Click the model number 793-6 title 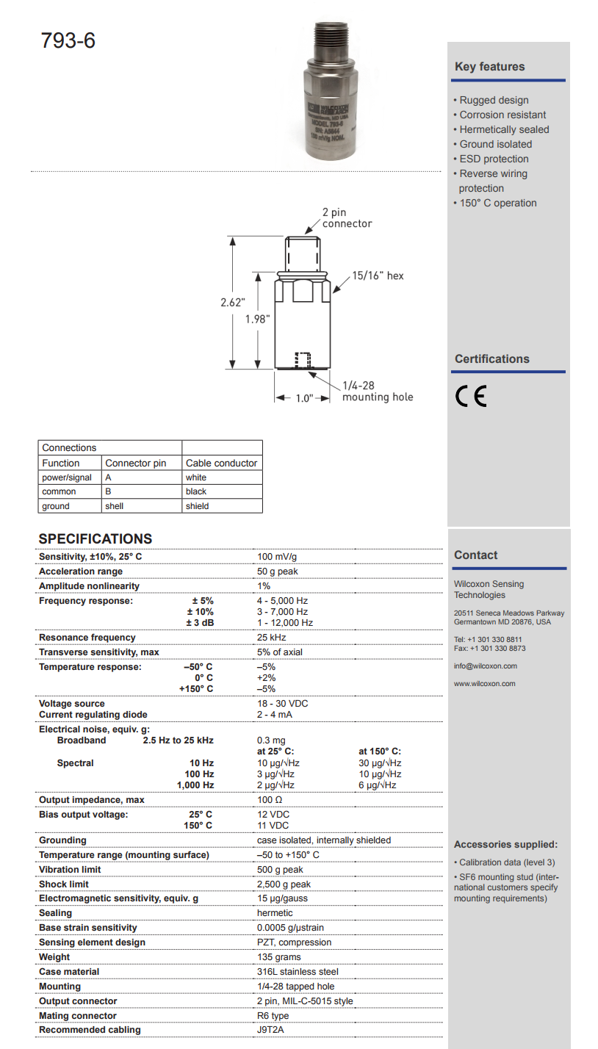[x=68, y=41]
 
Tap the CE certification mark [x=471, y=397]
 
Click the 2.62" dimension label [x=233, y=303]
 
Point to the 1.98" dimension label [x=258, y=319]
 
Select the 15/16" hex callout [x=378, y=275]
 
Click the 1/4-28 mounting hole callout [x=377, y=391]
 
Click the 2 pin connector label [x=346, y=218]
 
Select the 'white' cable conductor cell [x=196, y=477]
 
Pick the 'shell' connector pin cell [x=114, y=506]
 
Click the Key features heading [x=490, y=67]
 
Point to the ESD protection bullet [x=494, y=159]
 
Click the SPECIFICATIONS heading [x=96, y=538]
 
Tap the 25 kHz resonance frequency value [x=271, y=638]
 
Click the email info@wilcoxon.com [x=486, y=666]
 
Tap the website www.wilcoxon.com [x=484, y=684]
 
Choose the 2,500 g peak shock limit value [x=284, y=884]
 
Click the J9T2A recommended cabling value [x=271, y=1030]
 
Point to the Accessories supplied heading [x=505, y=845]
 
